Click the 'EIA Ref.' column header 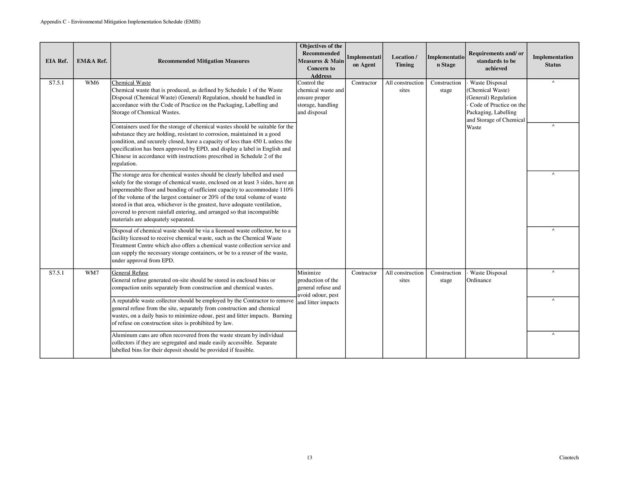pyautogui.click(x=57, y=61)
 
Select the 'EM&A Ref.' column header pyautogui.click(x=92, y=61)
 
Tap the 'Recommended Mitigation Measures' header pyautogui.click(x=204, y=61)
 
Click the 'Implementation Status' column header pyautogui.click(x=553, y=61)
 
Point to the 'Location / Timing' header pyautogui.click(x=404, y=61)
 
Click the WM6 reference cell pyautogui.click(x=92, y=83)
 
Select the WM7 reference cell pyautogui.click(x=92, y=273)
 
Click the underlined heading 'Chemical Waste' pyautogui.click(x=131, y=83)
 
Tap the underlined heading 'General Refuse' pyautogui.click(x=130, y=273)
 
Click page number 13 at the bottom pyautogui.click(x=309, y=458)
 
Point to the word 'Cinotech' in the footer pyautogui.click(x=569, y=458)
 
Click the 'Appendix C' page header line pyautogui.click(x=120, y=22)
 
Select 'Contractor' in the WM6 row pyautogui.click(x=364, y=83)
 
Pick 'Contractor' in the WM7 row pyautogui.click(x=364, y=273)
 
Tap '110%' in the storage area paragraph pyautogui.click(x=287, y=190)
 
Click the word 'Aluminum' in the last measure pyautogui.click(x=123, y=335)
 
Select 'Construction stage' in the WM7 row pyautogui.click(x=446, y=277)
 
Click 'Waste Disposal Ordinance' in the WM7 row pyautogui.click(x=487, y=277)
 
